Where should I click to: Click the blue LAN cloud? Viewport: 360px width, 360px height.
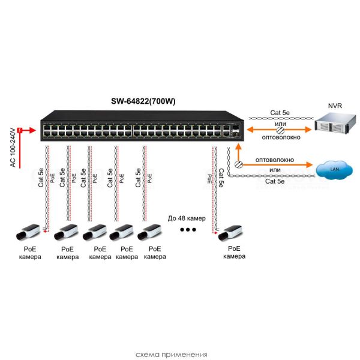(x=335, y=169)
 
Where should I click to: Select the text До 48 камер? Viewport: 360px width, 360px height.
(x=188, y=217)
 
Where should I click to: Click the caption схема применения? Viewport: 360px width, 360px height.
(x=179, y=354)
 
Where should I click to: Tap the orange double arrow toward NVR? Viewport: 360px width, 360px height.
(x=279, y=130)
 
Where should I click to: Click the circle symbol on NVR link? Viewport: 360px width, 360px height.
(x=279, y=130)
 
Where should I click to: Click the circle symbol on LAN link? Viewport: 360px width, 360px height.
(x=239, y=164)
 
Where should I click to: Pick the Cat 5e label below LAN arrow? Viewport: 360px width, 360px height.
(x=275, y=181)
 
